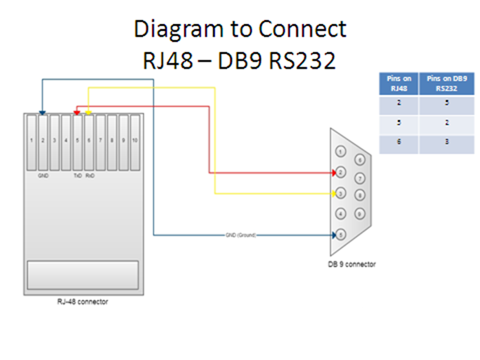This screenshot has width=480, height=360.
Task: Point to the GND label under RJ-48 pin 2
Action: click(x=43, y=175)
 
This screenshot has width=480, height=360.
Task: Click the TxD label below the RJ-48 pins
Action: click(x=77, y=175)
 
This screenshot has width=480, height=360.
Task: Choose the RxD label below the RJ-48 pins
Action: click(x=90, y=175)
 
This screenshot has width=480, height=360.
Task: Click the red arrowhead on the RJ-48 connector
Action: click(x=77, y=113)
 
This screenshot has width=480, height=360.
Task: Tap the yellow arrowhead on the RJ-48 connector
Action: click(x=89, y=113)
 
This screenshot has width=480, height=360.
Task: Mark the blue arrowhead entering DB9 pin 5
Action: click(x=333, y=235)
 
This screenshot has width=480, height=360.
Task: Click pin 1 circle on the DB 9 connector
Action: click(x=341, y=152)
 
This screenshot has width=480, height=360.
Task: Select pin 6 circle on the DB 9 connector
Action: click(x=360, y=160)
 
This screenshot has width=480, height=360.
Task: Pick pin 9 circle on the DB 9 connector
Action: click(x=360, y=213)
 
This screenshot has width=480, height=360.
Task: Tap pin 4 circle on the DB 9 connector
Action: click(x=341, y=214)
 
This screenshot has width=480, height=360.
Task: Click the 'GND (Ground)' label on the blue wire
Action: click(x=241, y=235)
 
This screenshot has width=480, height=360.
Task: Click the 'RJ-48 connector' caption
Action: click(x=83, y=302)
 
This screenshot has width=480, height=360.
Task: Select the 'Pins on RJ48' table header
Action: click(x=399, y=83)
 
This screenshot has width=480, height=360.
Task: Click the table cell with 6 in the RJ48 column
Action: click(x=399, y=142)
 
